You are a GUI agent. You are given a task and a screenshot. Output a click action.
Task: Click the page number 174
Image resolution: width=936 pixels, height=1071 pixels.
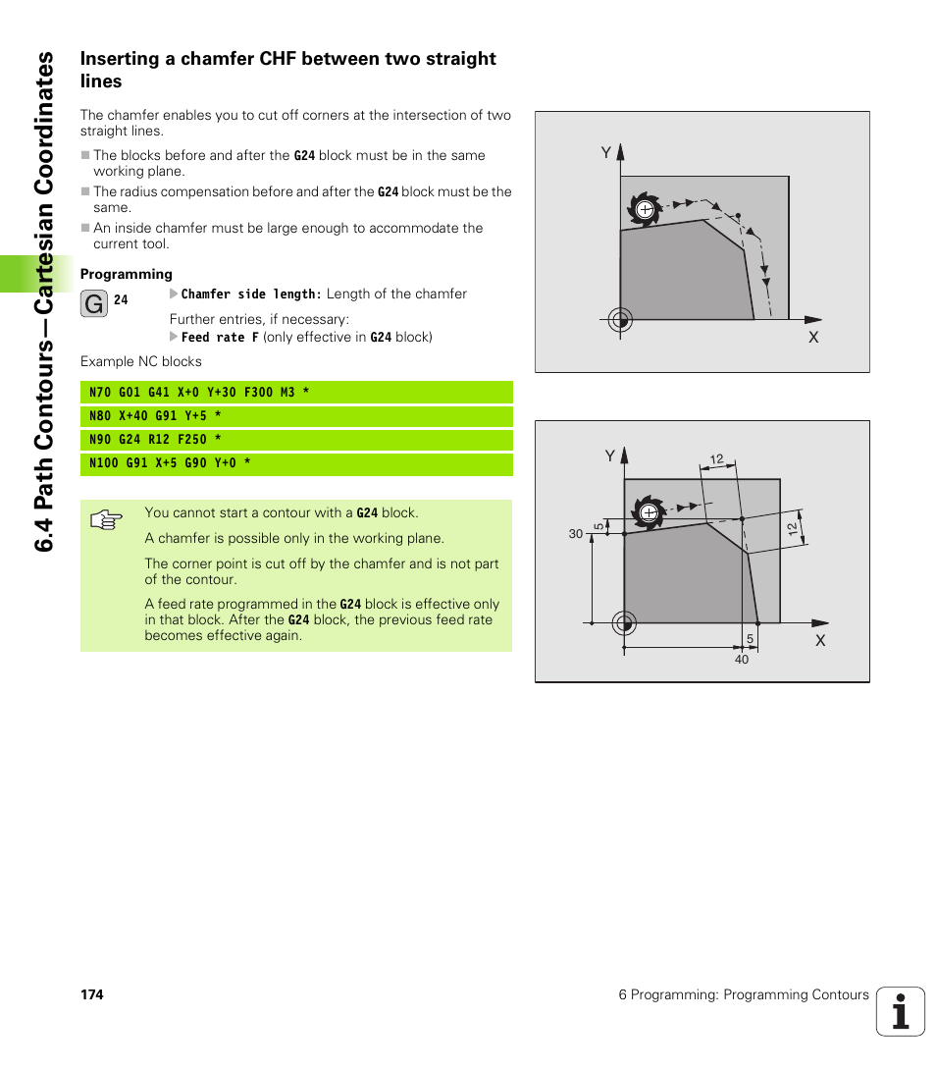coord(91,994)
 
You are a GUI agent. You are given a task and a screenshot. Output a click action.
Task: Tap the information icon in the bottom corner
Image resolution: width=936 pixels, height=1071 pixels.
coord(901,1011)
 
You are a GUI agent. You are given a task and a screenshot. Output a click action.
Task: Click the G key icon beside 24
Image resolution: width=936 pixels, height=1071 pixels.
coord(94,304)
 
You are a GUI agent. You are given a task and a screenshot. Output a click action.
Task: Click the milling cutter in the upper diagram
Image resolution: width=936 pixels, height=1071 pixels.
coord(645,210)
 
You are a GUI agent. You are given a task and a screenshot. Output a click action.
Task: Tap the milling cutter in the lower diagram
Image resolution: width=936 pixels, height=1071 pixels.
coord(648,511)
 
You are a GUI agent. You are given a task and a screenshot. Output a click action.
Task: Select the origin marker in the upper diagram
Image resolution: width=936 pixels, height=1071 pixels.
coord(619,319)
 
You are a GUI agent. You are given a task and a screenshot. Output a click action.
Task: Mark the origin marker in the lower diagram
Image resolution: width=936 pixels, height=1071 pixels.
coord(624,622)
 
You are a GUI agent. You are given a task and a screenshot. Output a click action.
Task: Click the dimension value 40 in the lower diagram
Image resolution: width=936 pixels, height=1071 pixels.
coord(742,660)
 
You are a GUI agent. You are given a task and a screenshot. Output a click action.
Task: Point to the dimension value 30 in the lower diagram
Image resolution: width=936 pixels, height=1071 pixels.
coord(575,534)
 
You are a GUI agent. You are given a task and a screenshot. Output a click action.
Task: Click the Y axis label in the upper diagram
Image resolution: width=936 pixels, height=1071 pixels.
coord(606,152)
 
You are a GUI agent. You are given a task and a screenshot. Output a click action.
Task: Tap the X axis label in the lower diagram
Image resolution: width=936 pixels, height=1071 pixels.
coord(820,640)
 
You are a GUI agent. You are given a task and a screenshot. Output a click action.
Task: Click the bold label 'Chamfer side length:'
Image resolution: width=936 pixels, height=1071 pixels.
coord(251,294)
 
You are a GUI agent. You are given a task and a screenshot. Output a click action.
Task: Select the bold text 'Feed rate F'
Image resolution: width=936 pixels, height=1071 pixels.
coord(220,337)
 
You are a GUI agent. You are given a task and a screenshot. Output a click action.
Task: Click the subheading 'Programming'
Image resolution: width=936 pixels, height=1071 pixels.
coord(126,274)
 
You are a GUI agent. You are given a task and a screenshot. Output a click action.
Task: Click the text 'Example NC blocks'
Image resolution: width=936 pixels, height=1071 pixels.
coord(140,361)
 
